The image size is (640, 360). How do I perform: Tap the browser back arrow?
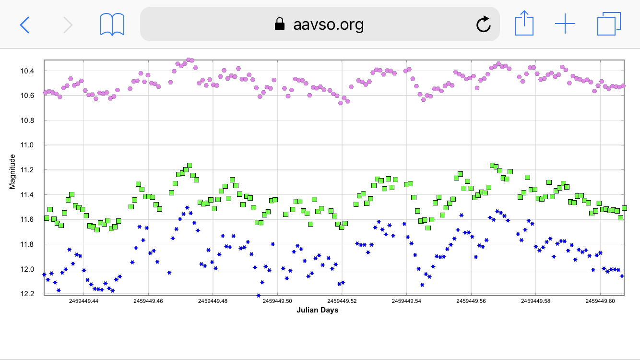point(24,24)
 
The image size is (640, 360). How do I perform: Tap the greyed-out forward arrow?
point(68,24)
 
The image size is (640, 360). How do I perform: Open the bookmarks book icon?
point(112,24)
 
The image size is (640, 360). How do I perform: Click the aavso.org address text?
point(328,24)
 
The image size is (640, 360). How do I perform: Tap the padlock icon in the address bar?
point(280,24)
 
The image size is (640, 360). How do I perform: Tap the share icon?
point(524,24)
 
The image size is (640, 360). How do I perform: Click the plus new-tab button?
point(565,24)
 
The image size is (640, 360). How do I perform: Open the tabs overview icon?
point(609,24)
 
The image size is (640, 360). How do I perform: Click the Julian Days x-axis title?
point(317,310)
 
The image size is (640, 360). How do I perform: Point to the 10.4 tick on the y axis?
point(30,71)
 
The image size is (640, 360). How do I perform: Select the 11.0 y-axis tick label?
point(30,145)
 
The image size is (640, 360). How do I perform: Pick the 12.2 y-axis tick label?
point(30,294)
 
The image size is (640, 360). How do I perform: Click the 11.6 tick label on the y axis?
point(30,219)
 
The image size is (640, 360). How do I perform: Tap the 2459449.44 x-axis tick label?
point(84,301)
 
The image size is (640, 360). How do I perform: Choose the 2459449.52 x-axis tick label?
point(342,301)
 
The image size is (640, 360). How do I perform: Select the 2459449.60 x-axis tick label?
point(600,301)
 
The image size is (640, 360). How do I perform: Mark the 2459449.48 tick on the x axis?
point(213,301)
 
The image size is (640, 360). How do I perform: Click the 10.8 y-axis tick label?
point(30,120)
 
